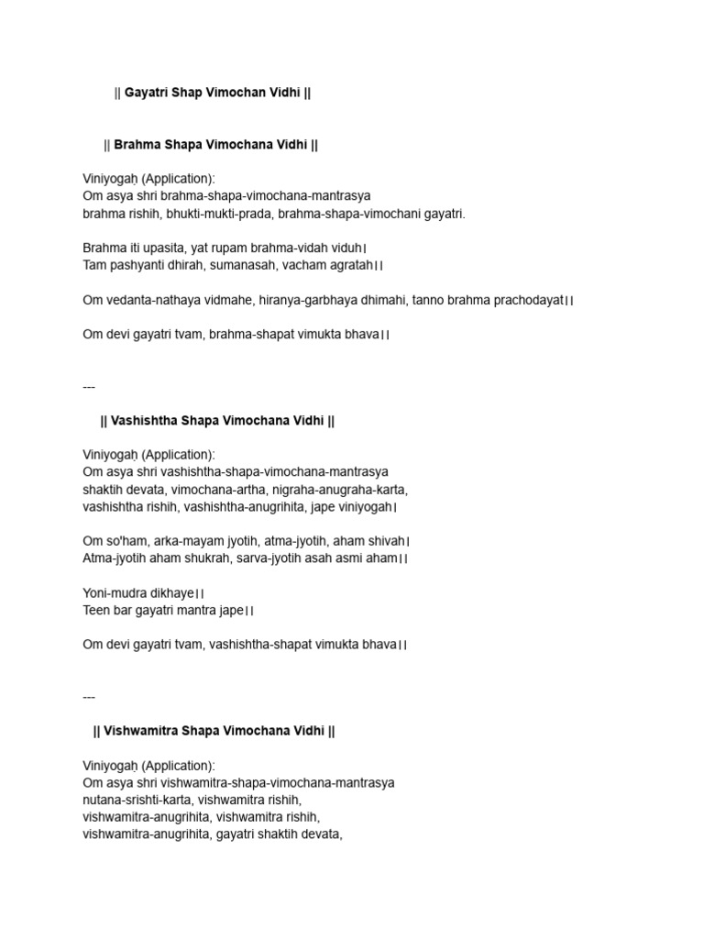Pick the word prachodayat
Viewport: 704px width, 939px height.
point(522,300)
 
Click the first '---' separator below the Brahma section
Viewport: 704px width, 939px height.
point(89,386)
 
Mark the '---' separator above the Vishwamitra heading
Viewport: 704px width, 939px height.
point(89,697)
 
